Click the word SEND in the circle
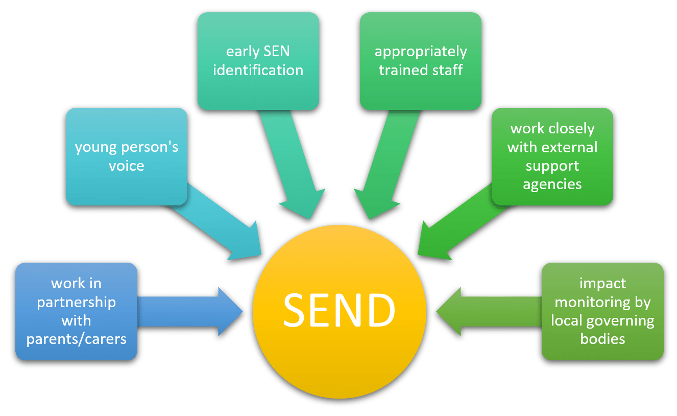coord(339,310)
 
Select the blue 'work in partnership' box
coord(76,311)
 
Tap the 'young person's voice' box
coord(127,156)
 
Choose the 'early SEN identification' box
coord(258,61)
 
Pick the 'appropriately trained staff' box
coord(420,61)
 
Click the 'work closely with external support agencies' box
coord(552,156)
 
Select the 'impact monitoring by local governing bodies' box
coord(602,311)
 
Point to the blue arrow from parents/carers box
coord(194,311)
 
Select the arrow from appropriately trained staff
coord(388,169)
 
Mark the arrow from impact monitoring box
coord(485,311)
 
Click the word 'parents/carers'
coord(76,339)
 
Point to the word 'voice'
coord(127,166)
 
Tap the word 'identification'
coord(258,70)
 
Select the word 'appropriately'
coord(420,52)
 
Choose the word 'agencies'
coord(552,184)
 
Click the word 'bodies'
coord(602,339)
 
